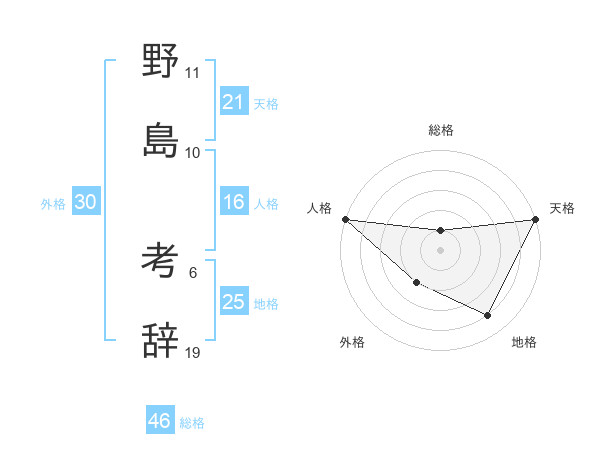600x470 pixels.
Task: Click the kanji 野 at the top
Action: click(160, 62)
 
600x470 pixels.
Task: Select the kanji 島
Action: click(160, 141)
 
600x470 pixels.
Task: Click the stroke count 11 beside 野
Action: click(192, 73)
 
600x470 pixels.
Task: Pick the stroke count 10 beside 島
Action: click(193, 153)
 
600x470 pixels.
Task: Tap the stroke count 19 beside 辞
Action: click(193, 352)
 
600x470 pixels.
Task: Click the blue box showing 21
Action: click(233, 101)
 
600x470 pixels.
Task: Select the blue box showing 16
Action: click(233, 202)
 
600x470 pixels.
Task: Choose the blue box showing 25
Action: click(233, 302)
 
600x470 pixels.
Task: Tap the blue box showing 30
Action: click(85, 202)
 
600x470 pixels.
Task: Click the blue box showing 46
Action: click(159, 421)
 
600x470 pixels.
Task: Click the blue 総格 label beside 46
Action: click(192, 423)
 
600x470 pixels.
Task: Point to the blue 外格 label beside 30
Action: click(53, 204)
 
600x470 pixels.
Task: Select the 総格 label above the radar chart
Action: click(440, 130)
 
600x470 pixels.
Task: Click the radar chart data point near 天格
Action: click(536, 219)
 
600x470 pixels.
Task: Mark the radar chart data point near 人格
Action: click(344, 219)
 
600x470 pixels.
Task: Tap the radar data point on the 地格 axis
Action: click(487, 316)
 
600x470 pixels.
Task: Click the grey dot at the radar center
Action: click(440, 250)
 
